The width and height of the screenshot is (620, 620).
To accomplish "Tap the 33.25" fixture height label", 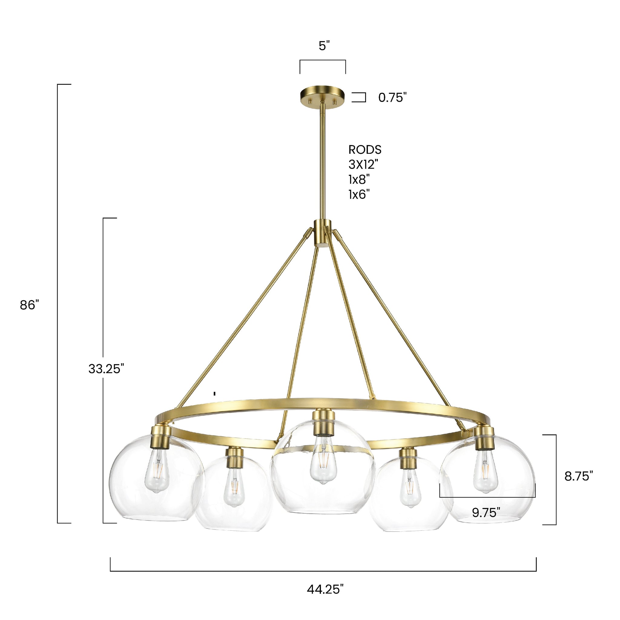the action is (106, 369).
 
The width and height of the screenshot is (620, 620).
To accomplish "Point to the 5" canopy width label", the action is (324, 46).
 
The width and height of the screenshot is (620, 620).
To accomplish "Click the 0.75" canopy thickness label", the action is (392, 97).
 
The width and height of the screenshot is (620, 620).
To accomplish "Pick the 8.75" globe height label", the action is (579, 476).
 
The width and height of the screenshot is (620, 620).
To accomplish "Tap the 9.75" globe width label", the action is (486, 513).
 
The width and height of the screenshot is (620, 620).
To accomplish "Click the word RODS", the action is (365, 150).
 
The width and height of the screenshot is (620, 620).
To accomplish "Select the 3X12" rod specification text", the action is (363, 165).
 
